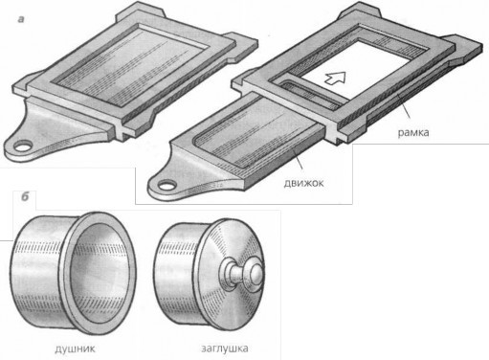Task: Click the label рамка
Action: [x=413, y=132]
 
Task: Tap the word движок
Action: [x=303, y=183]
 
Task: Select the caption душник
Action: [x=75, y=349]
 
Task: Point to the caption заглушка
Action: [x=225, y=348]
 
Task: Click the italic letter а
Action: [x=21, y=19]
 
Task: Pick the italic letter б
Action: [x=25, y=197]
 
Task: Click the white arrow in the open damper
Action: [x=335, y=78]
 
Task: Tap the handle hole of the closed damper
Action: [x=22, y=146]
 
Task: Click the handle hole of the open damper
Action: [x=167, y=185]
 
